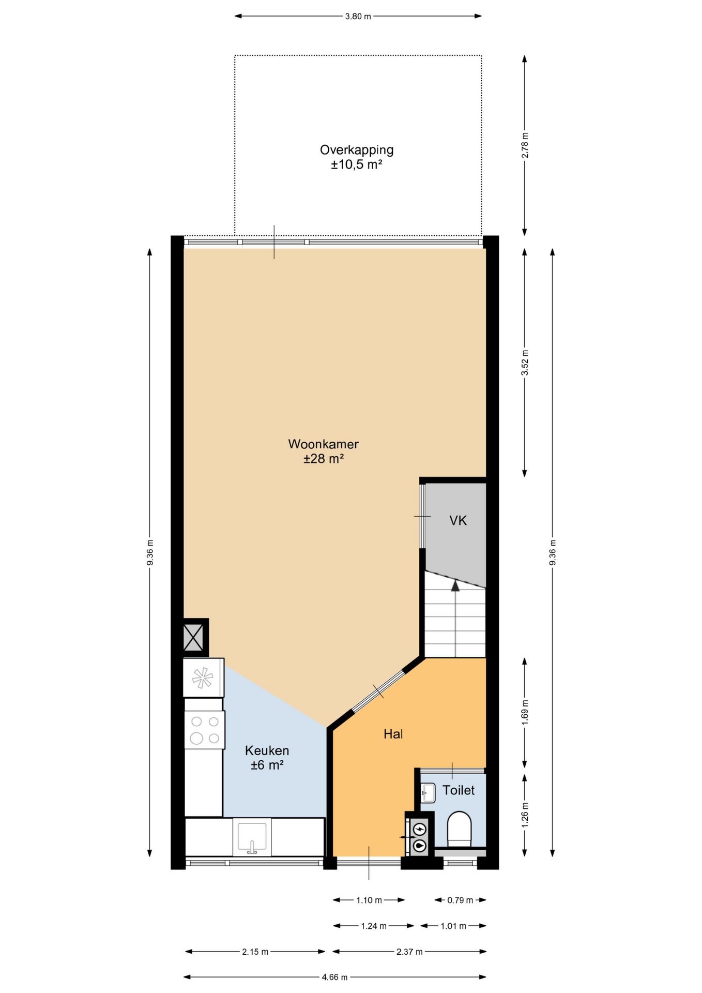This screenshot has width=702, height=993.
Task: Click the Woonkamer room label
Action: [x=323, y=444]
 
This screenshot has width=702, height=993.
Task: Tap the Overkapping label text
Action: [x=357, y=150]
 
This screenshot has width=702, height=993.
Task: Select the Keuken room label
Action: [x=267, y=750]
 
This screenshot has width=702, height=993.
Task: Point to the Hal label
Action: [x=393, y=734]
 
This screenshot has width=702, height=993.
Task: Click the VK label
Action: [x=458, y=520]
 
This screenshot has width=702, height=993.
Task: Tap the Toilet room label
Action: [x=459, y=790]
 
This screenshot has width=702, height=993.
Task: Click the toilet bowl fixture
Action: [x=459, y=829]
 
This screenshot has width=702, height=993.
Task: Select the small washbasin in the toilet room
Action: [x=428, y=792]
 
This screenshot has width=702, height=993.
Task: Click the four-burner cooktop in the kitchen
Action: [x=205, y=730]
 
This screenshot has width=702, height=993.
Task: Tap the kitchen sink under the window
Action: [x=252, y=837]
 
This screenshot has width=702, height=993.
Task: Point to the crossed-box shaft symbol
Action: [x=193, y=638]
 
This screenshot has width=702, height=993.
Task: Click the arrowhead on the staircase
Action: [x=455, y=586]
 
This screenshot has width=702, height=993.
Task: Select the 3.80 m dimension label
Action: [x=358, y=16]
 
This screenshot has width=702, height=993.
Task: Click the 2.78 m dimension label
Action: [x=525, y=145]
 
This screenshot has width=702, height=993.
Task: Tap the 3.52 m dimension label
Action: [x=525, y=363]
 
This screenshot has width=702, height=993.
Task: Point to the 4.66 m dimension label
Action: [x=334, y=977]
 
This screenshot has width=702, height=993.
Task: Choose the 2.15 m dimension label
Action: [x=255, y=952]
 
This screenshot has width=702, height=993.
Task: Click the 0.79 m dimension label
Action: [x=460, y=900]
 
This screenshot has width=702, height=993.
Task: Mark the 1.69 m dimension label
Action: [x=525, y=712]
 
